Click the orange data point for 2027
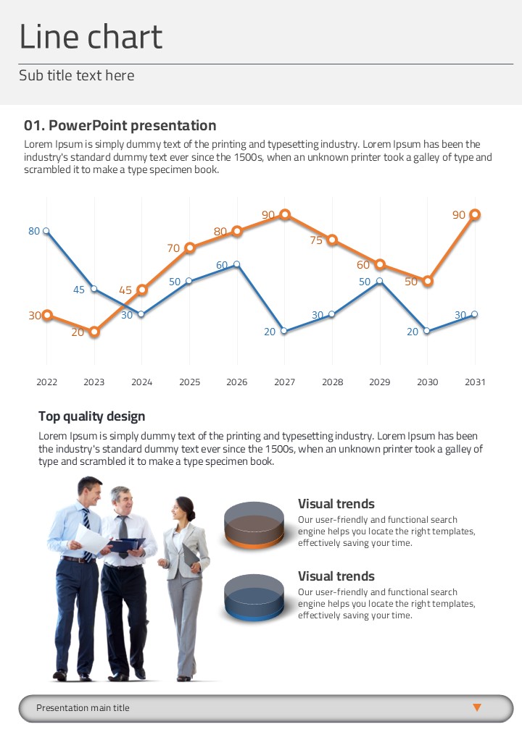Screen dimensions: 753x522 point(285,214)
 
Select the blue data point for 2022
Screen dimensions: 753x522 point(46,231)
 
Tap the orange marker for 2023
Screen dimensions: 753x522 point(94,332)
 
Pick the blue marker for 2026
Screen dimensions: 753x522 point(237,264)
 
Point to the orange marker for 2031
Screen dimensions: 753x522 point(475,214)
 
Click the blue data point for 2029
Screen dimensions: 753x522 point(380,281)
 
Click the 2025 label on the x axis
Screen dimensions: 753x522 point(189,382)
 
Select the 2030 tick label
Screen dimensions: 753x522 point(428,382)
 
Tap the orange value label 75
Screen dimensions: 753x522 point(316,240)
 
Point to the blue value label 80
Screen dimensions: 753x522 point(34,231)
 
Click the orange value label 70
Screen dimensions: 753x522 point(173,248)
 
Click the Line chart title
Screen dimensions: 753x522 point(91,37)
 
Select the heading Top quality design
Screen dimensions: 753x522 point(91,416)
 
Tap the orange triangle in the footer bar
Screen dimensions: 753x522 point(477,707)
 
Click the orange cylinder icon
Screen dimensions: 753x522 point(254,525)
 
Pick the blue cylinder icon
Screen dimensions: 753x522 point(254,597)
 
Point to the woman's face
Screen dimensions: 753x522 point(183,509)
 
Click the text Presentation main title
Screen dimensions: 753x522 point(83,708)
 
